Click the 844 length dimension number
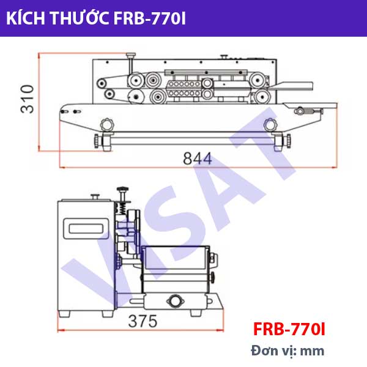(198, 158)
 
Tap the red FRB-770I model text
(289, 330)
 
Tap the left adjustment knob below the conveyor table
(108, 125)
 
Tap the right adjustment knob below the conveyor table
(269, 125)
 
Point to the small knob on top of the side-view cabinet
(95, 197)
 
